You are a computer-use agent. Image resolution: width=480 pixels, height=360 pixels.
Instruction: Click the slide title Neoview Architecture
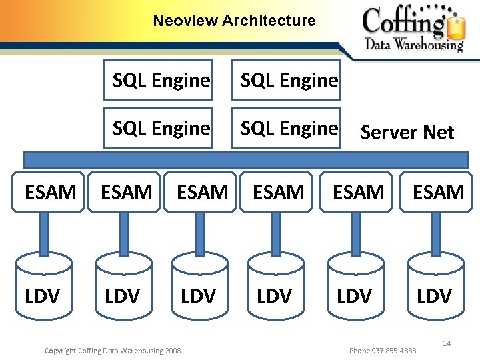click(x=234, y=21)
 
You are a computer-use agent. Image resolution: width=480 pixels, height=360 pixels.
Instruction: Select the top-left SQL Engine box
click(x=161, y=81)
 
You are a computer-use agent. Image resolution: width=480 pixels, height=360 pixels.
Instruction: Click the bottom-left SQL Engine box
click(x=161, y=128)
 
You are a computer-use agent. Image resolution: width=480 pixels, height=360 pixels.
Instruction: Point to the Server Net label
click(x=407, y=133)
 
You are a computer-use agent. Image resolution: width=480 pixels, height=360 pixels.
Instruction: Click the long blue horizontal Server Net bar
click(x=246, y=160)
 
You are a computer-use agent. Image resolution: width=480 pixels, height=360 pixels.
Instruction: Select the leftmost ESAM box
click(x=50, y=192)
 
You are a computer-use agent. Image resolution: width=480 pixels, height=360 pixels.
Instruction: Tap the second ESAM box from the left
click(x=126, y=192)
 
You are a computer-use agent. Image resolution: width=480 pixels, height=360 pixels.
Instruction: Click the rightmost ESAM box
click(x=438, y=192)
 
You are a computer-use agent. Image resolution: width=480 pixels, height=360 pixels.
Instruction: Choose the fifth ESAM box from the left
click(x=358, y=192)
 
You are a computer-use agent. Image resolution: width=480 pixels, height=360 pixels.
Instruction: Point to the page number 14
click(x=447, y=343)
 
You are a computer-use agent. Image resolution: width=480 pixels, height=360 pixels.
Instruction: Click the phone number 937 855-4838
click(x=383, y=351)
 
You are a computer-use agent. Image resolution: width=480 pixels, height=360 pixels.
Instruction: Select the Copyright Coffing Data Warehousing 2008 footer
click(x=112, y=351)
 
